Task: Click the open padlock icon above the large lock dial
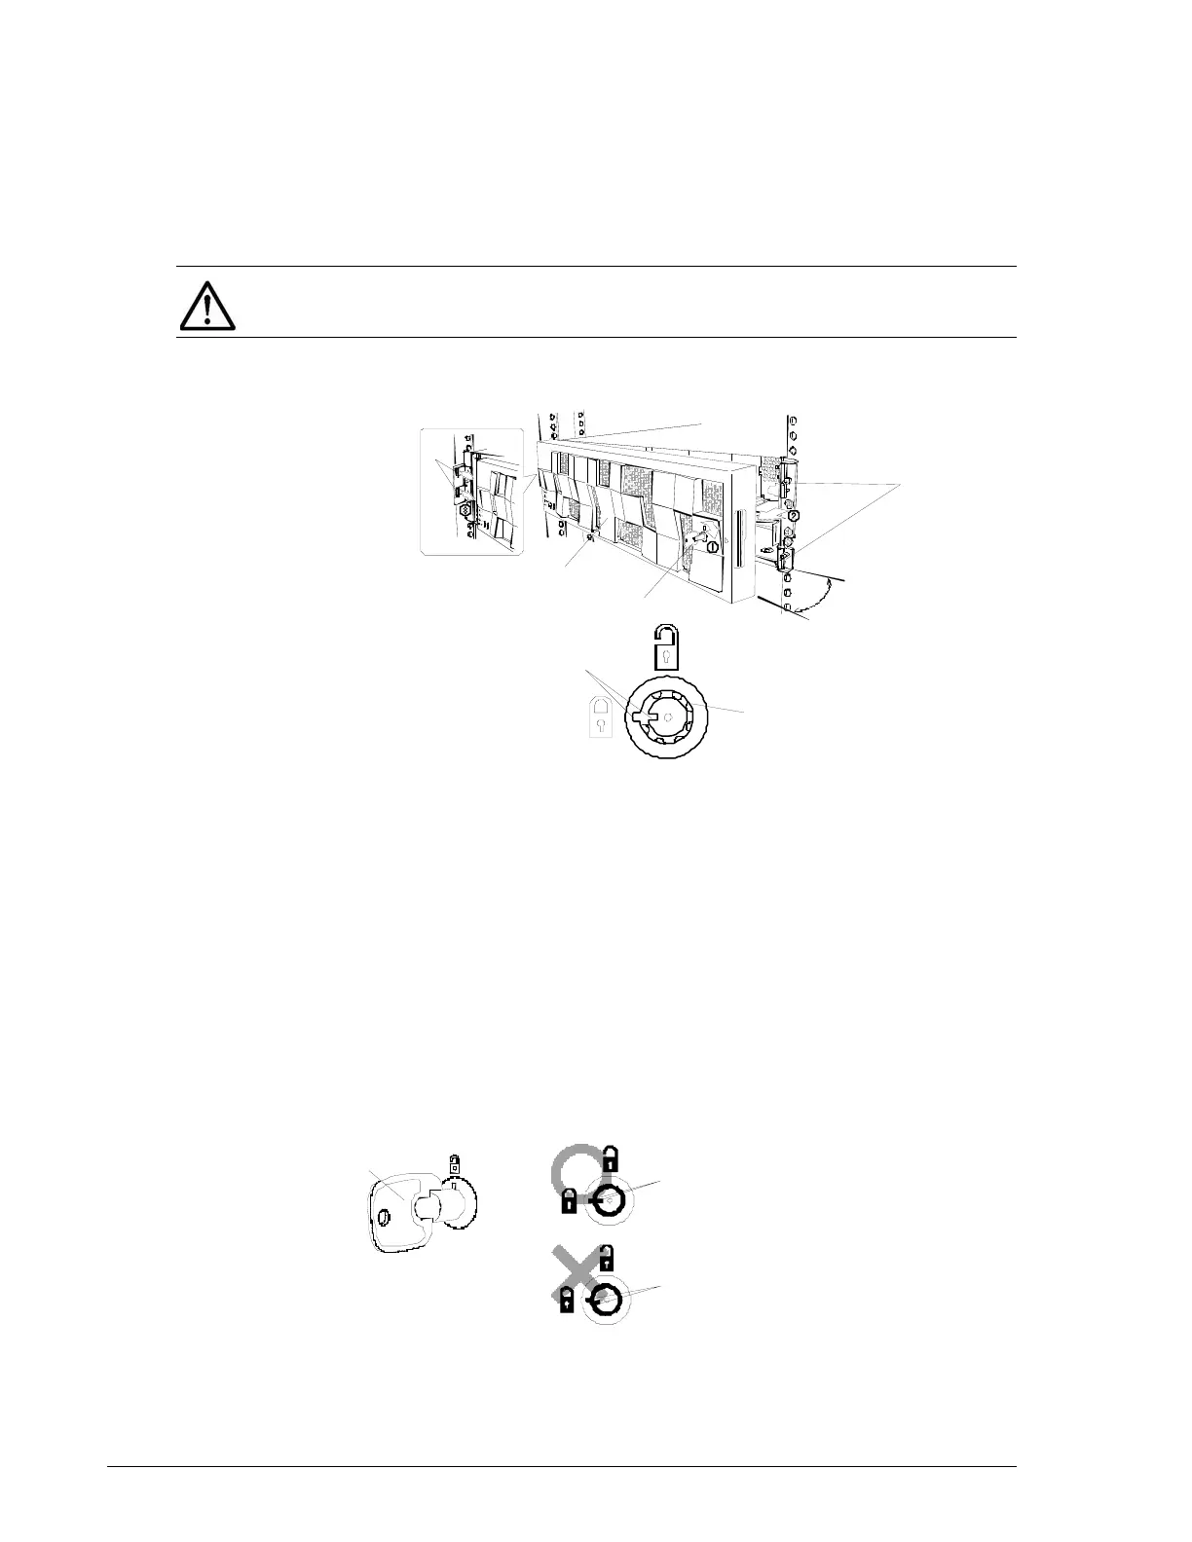tap(664, 647)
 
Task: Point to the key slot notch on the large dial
tap(641, 717)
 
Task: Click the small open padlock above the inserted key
tap(453, 1163)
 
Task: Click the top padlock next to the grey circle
tap(610, 1158)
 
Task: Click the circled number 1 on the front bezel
tap(713, 547)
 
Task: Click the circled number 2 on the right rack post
tap(794, 516)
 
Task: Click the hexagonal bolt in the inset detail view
tap(466, 509)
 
